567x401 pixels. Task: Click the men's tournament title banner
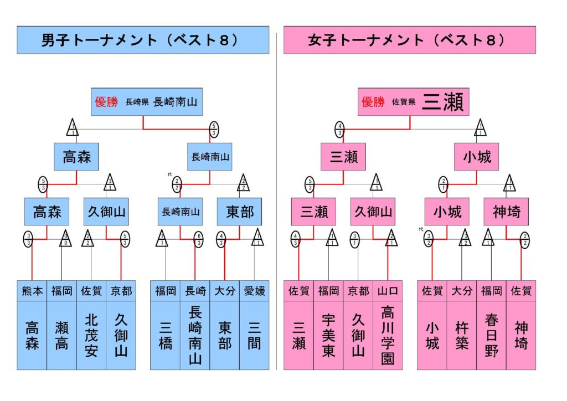(142, 40)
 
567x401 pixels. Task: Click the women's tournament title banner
(409, 40)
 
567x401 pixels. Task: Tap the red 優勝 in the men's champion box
(107, 102)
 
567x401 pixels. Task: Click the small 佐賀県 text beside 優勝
(403, 102)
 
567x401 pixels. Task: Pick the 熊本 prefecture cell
(32, 291)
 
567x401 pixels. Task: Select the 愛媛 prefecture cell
(254, 291)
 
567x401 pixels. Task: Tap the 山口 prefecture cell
(388, 291)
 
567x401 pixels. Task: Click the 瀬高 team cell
(61, 335)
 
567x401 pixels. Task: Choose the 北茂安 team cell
(91, 335)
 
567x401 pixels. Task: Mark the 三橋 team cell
(165, 335)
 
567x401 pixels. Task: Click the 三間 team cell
(254, 335)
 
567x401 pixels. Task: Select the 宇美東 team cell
(328, 335)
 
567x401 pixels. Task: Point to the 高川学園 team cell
(388, 335)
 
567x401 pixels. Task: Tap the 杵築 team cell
(462, 335)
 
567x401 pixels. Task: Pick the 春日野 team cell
(491, 335)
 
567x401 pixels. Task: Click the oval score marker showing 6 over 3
(198, 239)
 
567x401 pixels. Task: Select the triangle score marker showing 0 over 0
(65, 239)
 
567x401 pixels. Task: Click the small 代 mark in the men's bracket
(170, 174)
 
